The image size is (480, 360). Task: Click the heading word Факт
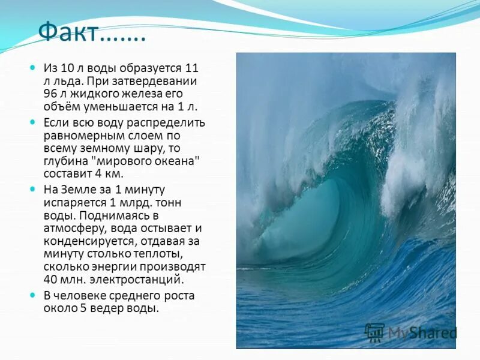[68, 32]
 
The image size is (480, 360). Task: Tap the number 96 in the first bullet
[50, 94]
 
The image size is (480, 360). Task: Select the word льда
[67, 80]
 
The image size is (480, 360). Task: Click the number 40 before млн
[50, 280]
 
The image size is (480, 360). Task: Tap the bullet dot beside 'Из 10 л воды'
[33, 68]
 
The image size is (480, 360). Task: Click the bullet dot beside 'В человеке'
[33, 295]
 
